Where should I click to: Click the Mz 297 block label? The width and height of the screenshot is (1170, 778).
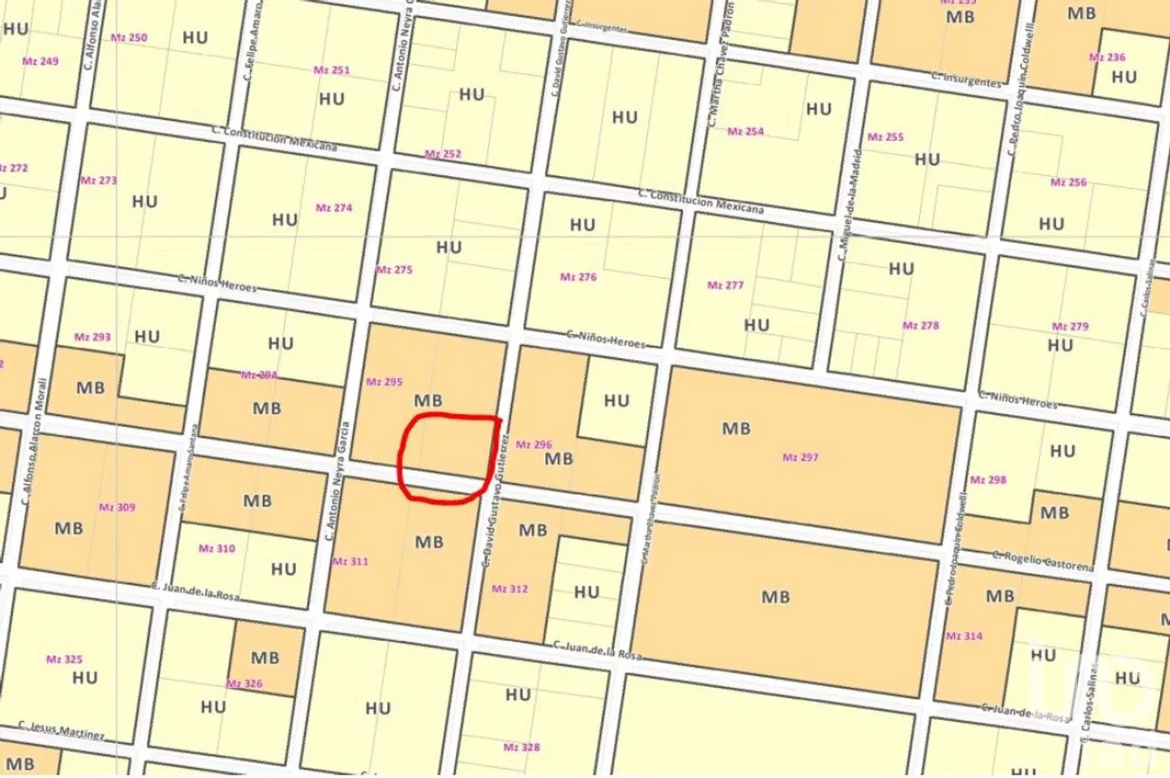pyautogui.click(x=800, y=458)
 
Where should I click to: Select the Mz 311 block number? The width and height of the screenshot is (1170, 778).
pyautogui.click(x=350, y=561)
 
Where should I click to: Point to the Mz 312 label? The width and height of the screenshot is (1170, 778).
pyautogui.click(x=509, y=588)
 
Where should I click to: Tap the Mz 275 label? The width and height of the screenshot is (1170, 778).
pyautogui.click(x=394, y=270)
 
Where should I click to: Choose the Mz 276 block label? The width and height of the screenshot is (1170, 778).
pyautogui.click(x=578, y=277)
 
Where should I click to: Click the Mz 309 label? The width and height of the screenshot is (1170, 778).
pyautogui.click(x=116, y=507)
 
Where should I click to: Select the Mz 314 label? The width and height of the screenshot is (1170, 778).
pyautogui.click(x=963, y=636)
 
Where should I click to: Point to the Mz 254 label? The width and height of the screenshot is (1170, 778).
pyautogui.click(x=745, y=132)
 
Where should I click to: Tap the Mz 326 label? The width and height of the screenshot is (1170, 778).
pyautogui.click(x=244, y=684)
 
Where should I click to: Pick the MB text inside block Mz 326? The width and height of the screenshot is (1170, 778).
pyautogui.click(x=265, y=658)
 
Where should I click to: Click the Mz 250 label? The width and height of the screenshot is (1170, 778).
pyautogui.click(x=129, y=38)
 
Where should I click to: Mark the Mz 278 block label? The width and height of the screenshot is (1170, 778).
pyautogui.click(x=920, y=325)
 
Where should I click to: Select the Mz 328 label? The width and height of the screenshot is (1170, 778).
pyautogui.click(x=521, y=747)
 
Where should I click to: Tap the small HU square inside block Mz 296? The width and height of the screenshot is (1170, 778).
pyautogui.click(x=617, y=400)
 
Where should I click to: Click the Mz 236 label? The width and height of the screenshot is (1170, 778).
pyautogui.click(x=1107, y=57)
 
